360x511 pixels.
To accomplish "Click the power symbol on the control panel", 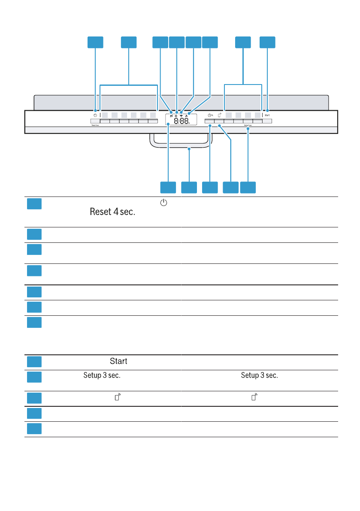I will pos(95,115).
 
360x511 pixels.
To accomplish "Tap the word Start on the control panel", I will pos(267,115).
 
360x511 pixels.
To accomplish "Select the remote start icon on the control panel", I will pos(219,115).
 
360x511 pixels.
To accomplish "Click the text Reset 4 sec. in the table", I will pos(112,212).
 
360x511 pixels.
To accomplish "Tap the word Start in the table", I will pos(118,361).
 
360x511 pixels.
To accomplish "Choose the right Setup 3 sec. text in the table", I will pos(260,375).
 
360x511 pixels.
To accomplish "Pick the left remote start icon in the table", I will pos(117,398).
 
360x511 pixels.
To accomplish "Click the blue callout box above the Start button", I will pos(268,42).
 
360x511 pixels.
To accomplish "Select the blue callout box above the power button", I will pos(95,42).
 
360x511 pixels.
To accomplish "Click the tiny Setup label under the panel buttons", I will pos(248,127).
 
